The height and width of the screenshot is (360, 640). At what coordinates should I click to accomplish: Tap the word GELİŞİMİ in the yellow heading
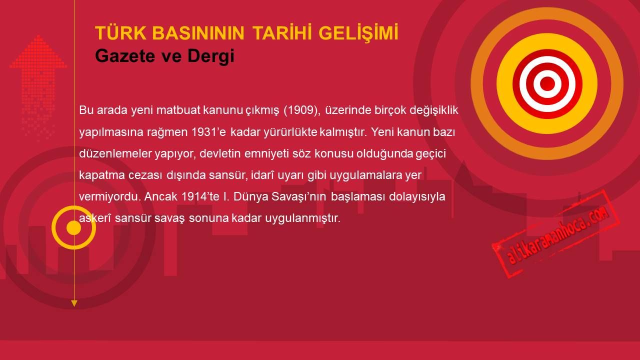coord(358,33)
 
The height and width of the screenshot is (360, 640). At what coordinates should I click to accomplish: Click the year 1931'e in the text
coord(208,132)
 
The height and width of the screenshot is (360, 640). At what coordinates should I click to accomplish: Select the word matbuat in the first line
coord(178,110)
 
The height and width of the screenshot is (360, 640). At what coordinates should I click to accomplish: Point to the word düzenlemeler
coord(115,153)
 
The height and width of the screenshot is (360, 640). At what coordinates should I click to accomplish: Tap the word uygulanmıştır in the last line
coord(303,218)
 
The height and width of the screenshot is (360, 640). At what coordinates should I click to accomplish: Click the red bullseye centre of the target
coord(547,83)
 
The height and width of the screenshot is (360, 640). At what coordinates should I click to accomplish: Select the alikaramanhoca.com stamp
coord(555,234)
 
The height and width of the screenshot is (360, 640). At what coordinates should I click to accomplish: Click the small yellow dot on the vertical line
coord(73,227)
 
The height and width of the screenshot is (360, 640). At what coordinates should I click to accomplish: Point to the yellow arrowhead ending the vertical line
coord(74,303)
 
